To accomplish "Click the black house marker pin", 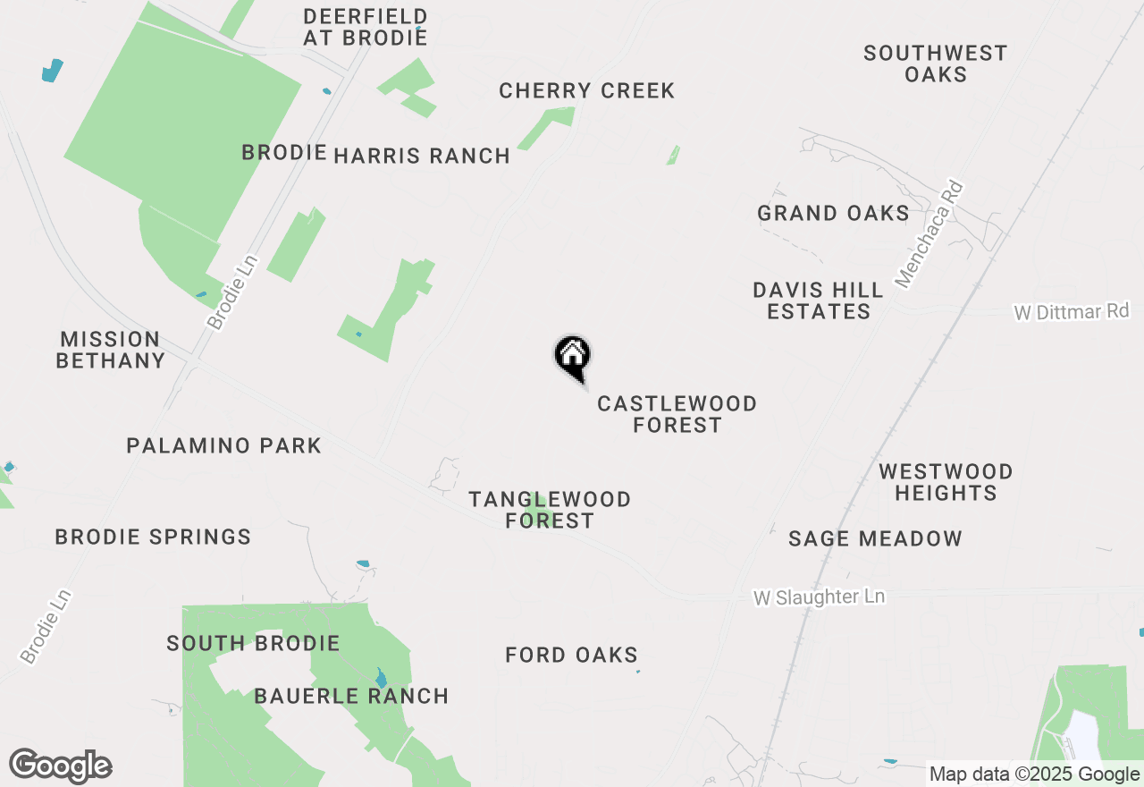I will [572, 356].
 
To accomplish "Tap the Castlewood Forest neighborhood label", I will [677, 415].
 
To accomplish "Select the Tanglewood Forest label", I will [550, 510].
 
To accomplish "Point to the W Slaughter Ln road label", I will [819, 597].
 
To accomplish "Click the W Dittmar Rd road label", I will [1071, 312].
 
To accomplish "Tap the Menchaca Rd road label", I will [929, 235].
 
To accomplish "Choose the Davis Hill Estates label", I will [818, 300].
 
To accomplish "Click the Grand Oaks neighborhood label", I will [833, 213].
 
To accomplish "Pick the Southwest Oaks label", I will [935, 63].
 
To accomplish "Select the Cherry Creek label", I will [586, 91].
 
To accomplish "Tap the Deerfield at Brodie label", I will [365, 27].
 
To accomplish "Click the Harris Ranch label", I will [422, 156].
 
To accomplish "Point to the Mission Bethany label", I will [110, 350].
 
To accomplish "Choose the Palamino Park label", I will [223, 445].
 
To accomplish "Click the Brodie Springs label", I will [153, 537].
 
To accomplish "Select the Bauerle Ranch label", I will [351, 696].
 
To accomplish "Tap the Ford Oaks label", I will [571, 656].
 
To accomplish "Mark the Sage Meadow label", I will [875, 538].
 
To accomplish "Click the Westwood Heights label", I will [946, 482].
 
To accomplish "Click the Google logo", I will [61, 766].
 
